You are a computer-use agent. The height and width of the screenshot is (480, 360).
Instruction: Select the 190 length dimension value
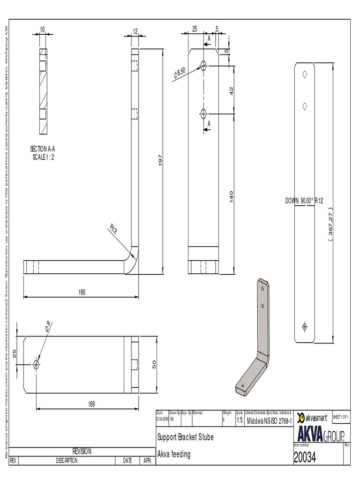[x=82, y=292]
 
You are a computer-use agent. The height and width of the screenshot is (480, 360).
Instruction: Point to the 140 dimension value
[x=231, y=196]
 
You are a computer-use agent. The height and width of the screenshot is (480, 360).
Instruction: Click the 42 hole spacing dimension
[x=231, y=91]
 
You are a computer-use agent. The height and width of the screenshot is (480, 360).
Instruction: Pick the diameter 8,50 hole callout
[x=180, y=73]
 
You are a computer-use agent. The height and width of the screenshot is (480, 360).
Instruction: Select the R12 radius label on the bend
[x=113, y=229]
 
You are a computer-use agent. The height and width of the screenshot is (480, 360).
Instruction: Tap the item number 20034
[x=305, y=458]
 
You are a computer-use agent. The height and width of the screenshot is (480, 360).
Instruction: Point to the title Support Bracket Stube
[x=186, y=437]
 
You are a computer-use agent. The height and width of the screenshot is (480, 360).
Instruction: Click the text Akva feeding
[x=174, y=454]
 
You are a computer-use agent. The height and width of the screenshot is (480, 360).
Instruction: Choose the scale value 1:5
[x=239, y=420]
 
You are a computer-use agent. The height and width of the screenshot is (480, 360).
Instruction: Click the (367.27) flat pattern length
[x=330, y=225]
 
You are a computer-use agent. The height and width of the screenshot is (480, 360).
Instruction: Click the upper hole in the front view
[x=203, y=66]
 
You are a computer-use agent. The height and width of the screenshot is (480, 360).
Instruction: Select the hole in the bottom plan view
[x=36, y=364]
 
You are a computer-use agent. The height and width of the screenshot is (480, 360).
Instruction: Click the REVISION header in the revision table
[x=82, y=451]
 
